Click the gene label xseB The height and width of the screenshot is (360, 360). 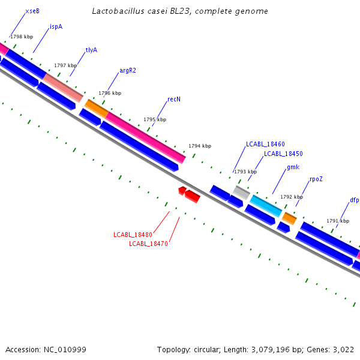[x=32, y=11]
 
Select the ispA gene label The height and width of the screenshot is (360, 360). [x=56, y=26]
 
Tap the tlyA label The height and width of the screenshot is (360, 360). [x=91, y=50]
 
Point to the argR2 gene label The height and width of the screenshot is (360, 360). [x=128, y=70]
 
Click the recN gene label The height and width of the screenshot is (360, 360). [x=174, y=99]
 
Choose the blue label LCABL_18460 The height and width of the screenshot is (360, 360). [x=265, y=144]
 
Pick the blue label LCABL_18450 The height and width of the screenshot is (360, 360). [x=283, y=154]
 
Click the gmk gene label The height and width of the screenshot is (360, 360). [x=293, y=167]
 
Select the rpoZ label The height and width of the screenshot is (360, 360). [x=316, y=179]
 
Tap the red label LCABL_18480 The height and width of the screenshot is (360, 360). [x=133, y=234]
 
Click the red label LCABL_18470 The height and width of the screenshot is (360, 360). [x=148, y=244]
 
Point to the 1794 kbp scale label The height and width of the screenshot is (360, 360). [x=200, y=146]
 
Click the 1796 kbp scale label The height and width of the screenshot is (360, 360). [x=110, y=93]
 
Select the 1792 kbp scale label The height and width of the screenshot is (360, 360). [x=292, y=197]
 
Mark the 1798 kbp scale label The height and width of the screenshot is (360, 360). [x=22, y=37]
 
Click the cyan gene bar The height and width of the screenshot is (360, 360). [x=266, y=205]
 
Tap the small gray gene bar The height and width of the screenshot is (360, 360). [x=241, y=192]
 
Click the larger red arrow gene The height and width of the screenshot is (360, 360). [x=193, y=196]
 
